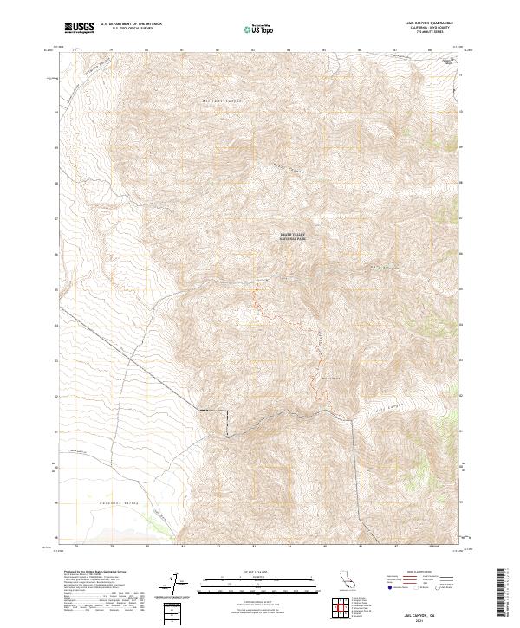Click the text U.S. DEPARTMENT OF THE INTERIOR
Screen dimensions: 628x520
tap(131, 24)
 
